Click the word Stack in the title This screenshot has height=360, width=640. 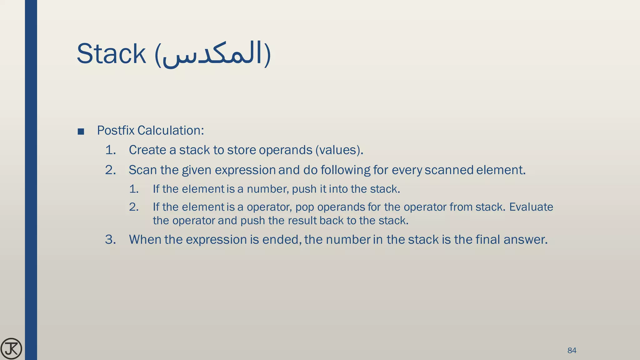coord(111,54)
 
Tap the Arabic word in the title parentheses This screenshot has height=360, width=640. coord(212,55)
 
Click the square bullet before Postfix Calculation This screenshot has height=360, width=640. coord(81,132)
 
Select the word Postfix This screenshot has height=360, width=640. coord(116,130)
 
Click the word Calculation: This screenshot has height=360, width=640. coord(171,130)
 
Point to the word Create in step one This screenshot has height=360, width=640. coord(147,150)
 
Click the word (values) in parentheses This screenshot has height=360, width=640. coord(339,150)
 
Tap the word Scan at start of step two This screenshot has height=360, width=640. coord(143,170)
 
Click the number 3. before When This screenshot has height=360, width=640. coord(110,239)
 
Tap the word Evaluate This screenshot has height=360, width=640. coord(531,207)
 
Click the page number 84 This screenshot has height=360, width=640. coord(572,350)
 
